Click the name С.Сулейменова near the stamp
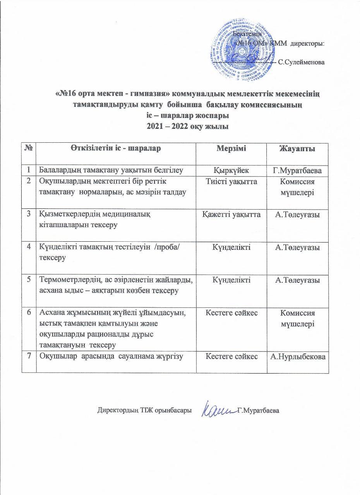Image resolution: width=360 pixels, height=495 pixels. click(302, 62)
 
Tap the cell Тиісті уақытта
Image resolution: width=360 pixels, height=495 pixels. click(231, 181)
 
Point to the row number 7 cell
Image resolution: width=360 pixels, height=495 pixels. click(29, 357)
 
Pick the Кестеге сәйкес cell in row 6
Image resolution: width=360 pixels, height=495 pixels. click(231, 312)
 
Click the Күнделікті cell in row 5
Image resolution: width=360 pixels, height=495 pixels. click(231, 280)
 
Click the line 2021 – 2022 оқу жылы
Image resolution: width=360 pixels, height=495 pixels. click(187, 126)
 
